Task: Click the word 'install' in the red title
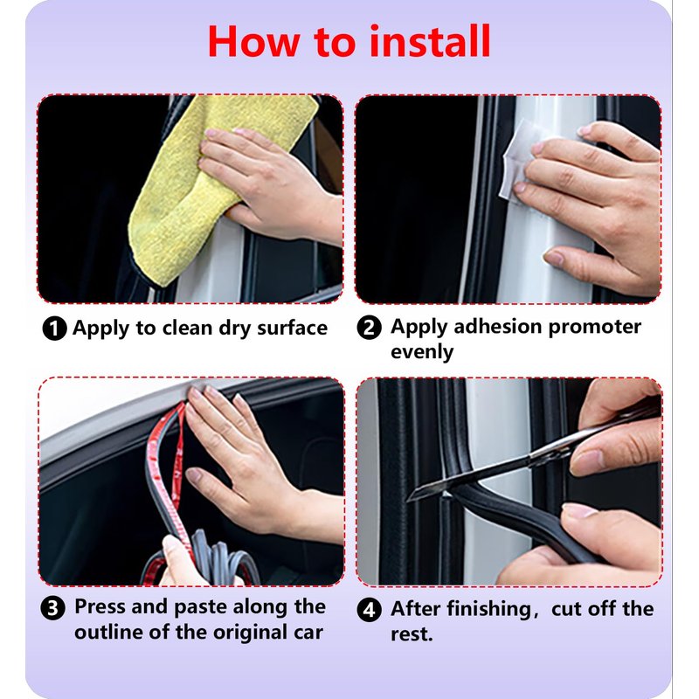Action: [430, 41]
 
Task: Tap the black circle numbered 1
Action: [54, 329]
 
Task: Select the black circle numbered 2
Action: [369, 328]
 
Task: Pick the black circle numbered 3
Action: [53, 608]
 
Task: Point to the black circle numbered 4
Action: [369, 609]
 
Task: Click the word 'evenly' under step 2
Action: [422, 352]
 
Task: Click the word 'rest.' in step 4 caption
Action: [412, 634]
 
